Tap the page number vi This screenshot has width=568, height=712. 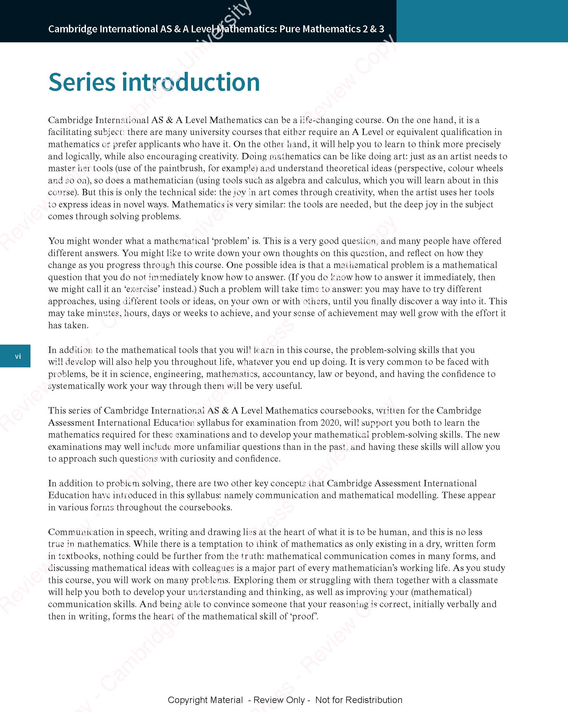coord(18,356)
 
